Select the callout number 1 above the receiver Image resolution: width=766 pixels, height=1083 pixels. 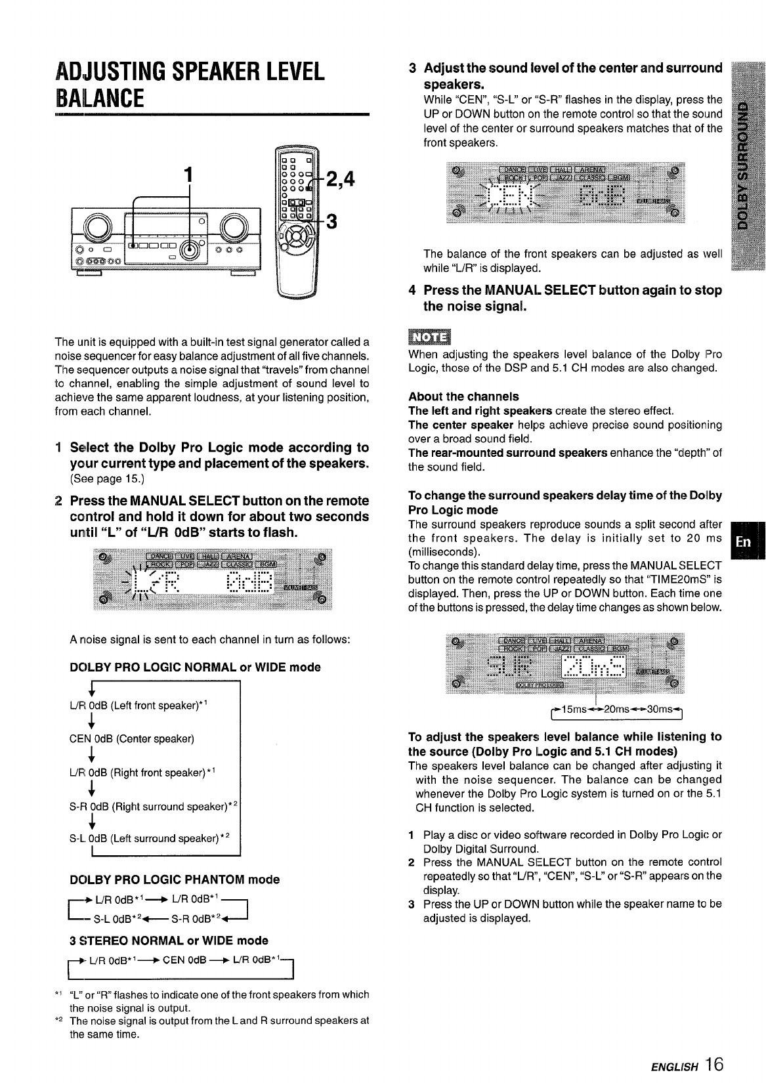[190, 175]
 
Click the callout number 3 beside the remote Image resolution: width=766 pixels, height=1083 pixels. [331, 223]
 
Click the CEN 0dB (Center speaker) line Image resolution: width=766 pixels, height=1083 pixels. [132, 739]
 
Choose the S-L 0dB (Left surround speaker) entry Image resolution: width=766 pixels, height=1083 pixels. [149, 838]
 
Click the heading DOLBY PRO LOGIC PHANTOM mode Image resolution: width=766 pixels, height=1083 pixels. [174, 880]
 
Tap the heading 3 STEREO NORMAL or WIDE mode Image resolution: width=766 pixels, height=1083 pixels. [169, 941]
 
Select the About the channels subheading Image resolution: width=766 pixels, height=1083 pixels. [463, 396]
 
